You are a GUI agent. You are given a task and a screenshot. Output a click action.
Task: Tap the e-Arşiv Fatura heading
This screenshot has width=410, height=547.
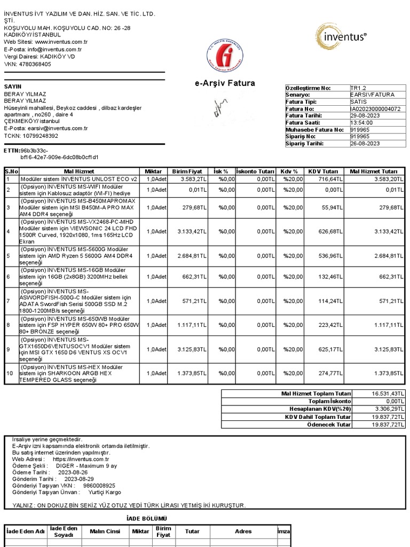tap(225, 83)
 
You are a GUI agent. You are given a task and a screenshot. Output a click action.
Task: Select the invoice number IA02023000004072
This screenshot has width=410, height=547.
tap(375, 108)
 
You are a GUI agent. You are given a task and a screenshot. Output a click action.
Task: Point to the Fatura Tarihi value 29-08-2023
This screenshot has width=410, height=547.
tap(365, 115)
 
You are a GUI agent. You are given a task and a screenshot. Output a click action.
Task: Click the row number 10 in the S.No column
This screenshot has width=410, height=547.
tap(9, 373)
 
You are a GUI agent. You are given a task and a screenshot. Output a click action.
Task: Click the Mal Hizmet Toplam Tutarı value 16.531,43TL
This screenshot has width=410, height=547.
tap(388, 394)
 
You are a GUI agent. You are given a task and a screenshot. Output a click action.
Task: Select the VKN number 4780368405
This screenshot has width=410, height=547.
tap(35, 64)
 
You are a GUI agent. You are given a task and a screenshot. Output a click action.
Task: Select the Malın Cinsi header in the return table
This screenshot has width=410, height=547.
tap(105, 532)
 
